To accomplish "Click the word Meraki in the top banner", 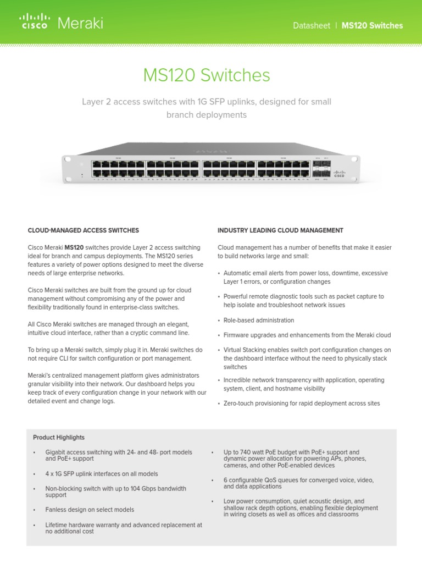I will tap(80, 24).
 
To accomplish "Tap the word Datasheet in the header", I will tap(310, 26).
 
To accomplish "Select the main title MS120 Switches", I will tap(207, 75).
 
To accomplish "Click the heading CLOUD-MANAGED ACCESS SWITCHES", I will tap(84, 230).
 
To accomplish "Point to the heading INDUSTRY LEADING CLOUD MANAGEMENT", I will tap(280, 230).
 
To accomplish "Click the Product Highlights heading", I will tap(59, 438).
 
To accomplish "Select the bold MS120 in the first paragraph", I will tap(74, 248).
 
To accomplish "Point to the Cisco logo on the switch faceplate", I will tap(338, 174).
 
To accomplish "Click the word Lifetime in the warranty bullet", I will tap(57, 525).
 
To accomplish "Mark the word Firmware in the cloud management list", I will tap(237, 335).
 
